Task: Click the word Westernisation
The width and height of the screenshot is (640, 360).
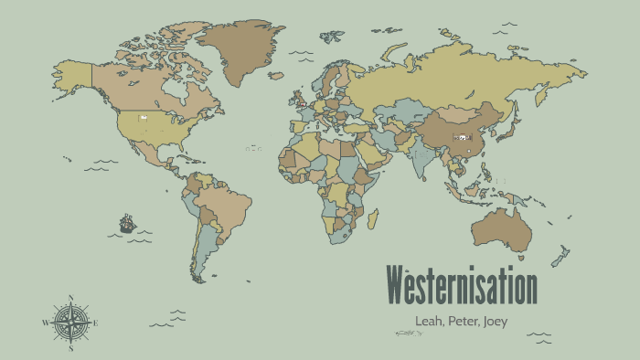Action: click(461, 287)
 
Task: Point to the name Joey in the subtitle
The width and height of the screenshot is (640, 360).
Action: click(495, 321)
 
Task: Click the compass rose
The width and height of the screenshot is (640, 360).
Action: click(71, 323)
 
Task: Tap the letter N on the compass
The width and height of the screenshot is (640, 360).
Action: click(71, 298)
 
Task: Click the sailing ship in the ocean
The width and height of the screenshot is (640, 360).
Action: click(126, 222)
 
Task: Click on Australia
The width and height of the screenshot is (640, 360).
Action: click(498, 228)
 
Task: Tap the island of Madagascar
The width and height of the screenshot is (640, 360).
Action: click(373, 217)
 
